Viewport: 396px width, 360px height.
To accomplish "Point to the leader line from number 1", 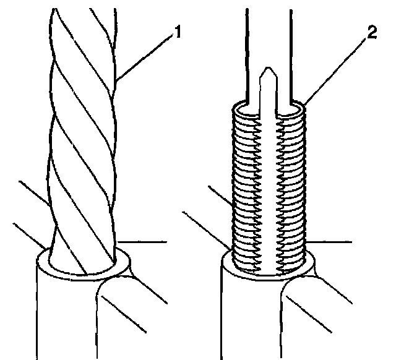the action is (x=146, y=58).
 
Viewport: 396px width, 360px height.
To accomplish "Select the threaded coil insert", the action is (x=269, y=186).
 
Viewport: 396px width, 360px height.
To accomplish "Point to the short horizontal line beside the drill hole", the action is (x=142, y=242).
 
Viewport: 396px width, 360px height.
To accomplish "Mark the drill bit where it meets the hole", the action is (x=84, y=260).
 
